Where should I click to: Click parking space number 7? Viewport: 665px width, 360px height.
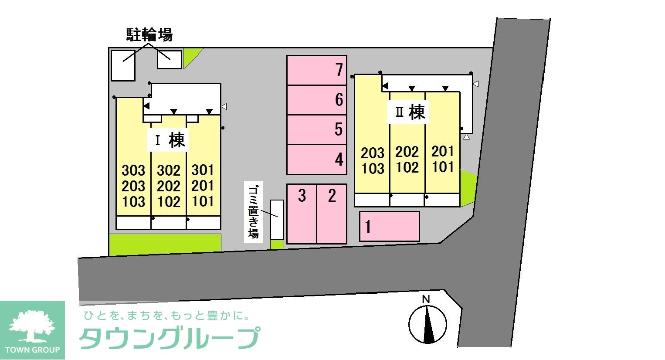pyautogui.click(x=317, y=70)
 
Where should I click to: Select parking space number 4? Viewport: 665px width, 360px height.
pyautogui.click(x=317, y=160)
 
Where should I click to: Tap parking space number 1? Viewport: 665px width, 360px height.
pyautogui.click(x=389, y=226)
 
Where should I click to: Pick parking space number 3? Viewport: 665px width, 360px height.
pyautogui.click(x=302, y=214)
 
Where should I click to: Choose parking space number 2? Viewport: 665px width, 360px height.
pyautogui.click(x=332, y=214)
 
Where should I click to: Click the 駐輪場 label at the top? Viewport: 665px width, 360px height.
pyautogui.click(x=149, y=34)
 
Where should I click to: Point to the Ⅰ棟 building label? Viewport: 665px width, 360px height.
pyautogui.click(x=170, y=140)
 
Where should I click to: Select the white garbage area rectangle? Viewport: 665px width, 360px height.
pyautogui.click(x=277, y=220)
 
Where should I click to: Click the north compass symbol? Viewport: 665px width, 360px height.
pyautogui.click(x=427, y=323)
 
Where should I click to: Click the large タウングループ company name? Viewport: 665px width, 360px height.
pyautogui.click(x=169, y=338)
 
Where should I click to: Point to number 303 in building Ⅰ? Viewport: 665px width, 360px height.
pyautogui.click(x=133, y=170)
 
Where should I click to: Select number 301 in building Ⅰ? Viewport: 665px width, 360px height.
pyautogui.click(x=203, y=170)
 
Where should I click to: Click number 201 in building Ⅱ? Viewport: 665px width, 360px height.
pyautogui.click(x=443, y=151)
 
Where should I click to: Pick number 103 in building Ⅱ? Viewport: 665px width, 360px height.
pyautogui.click(x=373, y=168)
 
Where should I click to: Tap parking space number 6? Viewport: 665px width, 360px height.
pyautogui.click(x=317, y=100)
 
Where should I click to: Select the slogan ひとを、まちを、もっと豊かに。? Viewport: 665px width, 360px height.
pyautogui.click(x=167, y=315)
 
